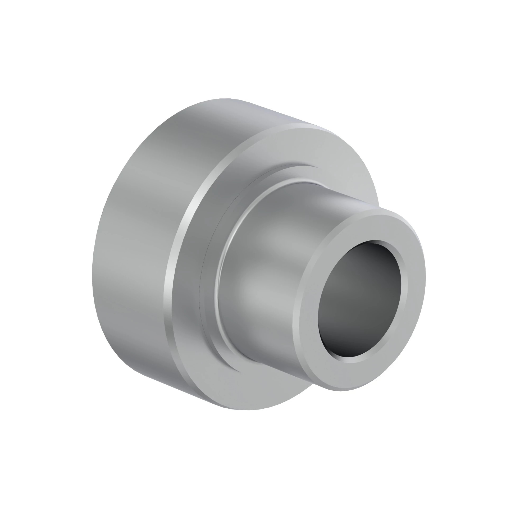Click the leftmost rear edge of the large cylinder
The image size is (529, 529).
pos(93,274)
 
